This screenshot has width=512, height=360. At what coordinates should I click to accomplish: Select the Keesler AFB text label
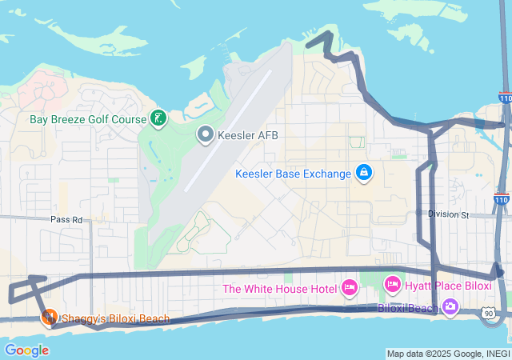tap(248, 134)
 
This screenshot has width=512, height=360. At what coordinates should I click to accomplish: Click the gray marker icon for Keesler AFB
tap(206, 134)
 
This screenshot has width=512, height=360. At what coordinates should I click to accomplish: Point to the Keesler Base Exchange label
tap(293, 174)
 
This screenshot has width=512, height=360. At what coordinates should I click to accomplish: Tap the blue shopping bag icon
tap(363, 173)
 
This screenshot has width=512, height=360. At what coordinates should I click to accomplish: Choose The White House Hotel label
tap(279, 288)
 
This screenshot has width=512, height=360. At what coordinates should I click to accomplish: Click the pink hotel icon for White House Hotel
tap(350, 287)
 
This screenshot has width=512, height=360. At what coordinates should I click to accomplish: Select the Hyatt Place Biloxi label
tap(447, 286)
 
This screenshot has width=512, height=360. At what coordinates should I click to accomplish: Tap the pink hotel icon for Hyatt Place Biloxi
tap(393, 285)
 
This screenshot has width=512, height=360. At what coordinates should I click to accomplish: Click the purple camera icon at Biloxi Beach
tap(450, 306)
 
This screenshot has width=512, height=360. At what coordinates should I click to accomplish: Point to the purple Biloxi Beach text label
tap(407, 307)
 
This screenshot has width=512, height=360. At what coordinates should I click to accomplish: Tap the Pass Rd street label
tap(66, 218)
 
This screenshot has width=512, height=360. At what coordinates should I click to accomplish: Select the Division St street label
tap(447, 214)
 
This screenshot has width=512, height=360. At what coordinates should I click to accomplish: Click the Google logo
tap(26, 350)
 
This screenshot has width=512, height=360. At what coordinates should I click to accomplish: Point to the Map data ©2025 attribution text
tap(447, 354)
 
